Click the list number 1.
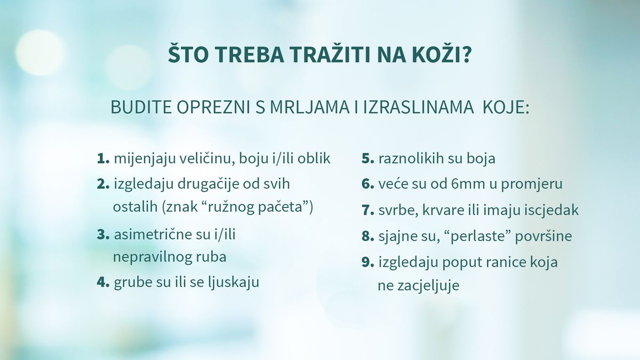[x=103, y=158]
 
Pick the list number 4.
[x=103, y=282]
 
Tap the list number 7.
[x=367, y=210]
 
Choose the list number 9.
[x=367, y=262]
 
